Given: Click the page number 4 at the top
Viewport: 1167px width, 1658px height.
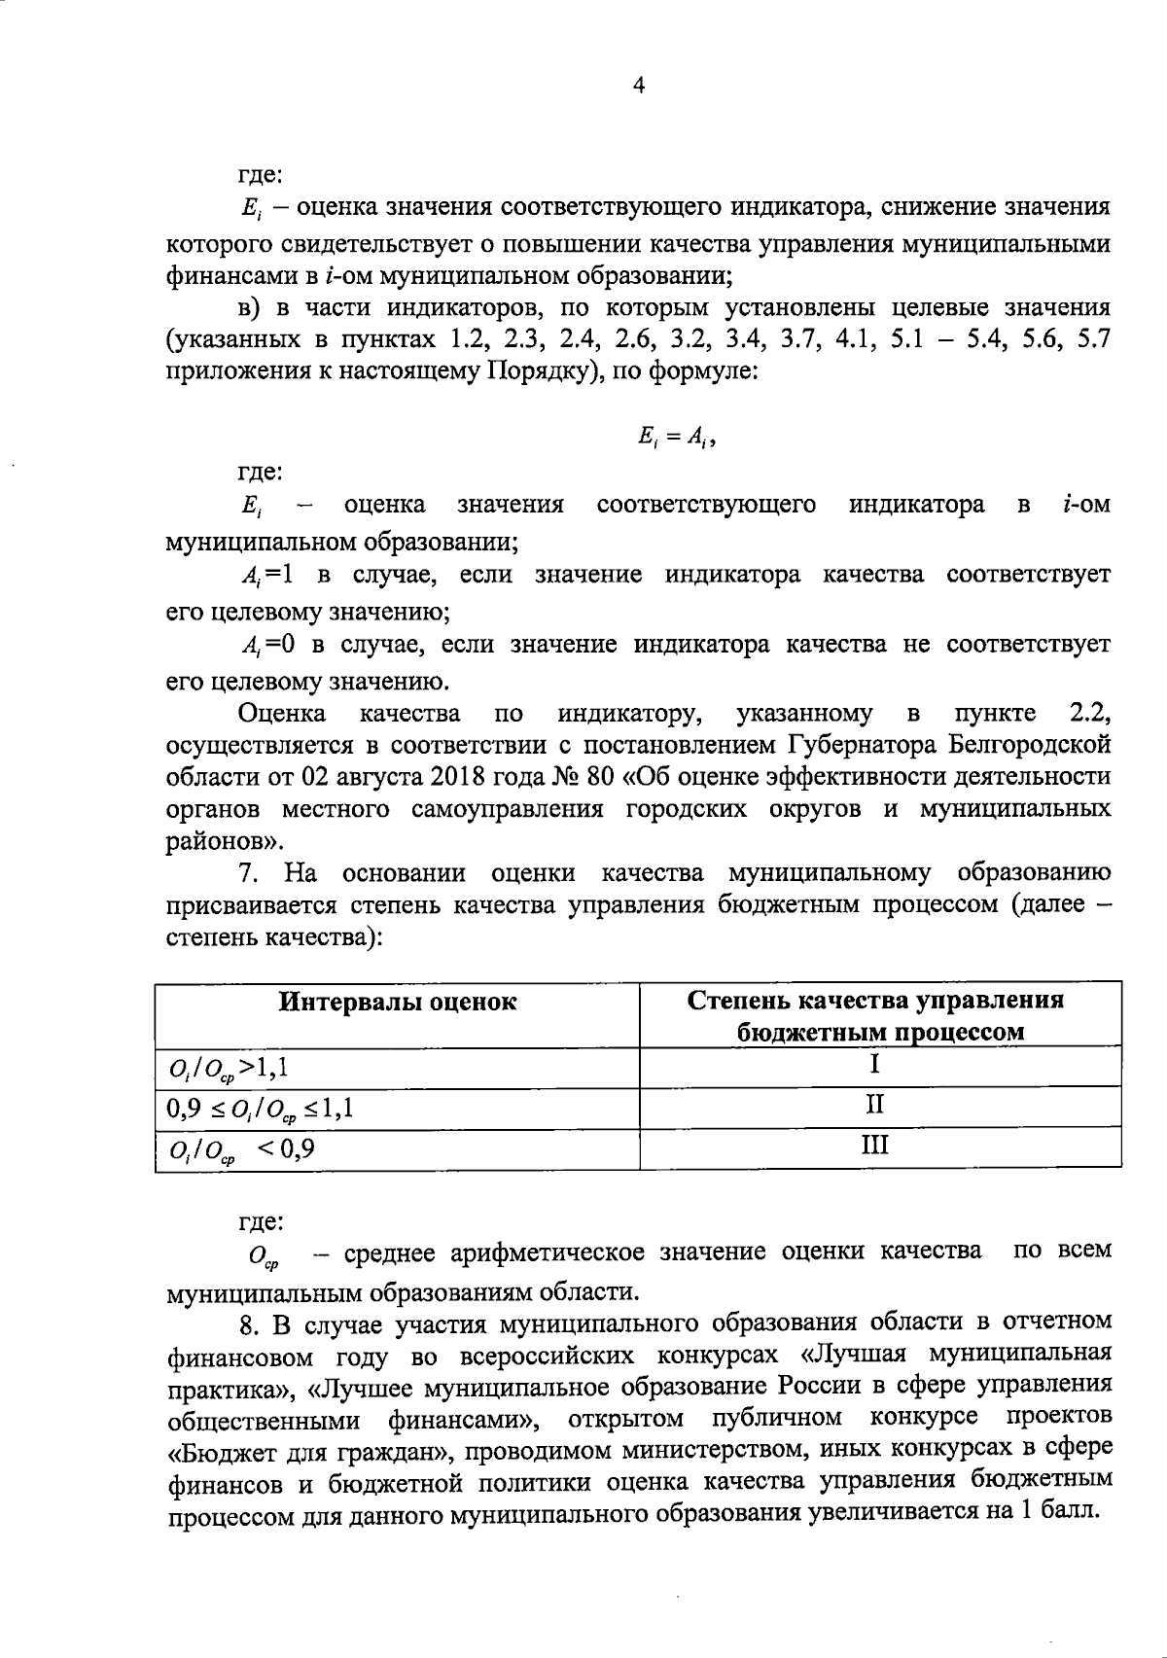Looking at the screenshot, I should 638,88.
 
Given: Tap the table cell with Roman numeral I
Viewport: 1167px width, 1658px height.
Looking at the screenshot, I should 875,1065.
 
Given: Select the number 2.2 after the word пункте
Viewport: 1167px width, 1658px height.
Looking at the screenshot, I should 1089,715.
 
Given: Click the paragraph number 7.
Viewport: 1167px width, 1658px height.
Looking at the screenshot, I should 248,873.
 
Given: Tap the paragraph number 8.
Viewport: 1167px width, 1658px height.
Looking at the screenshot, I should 248,1323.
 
